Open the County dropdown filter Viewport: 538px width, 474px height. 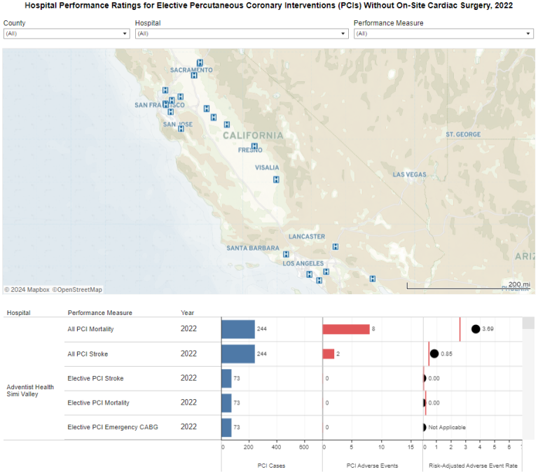(x=66, y=34)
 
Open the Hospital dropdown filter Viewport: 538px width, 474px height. (x=242, y=34)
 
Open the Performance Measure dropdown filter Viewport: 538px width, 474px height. (x=443, y=34)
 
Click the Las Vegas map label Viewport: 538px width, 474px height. (x=409, y=174)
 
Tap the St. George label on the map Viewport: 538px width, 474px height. (x=463, y=134)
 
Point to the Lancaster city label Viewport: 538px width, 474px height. (x=306, y=237)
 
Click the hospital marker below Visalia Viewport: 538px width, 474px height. (x=276, y=180)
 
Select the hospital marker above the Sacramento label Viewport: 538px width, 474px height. (x=200, y=62)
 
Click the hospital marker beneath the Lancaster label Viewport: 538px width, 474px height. (x=336, y=246)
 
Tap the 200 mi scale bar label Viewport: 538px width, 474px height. (x=518, y=284)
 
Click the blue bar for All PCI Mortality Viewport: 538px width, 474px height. (x=238, y=329)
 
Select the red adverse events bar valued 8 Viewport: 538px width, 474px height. (x=346, y=329)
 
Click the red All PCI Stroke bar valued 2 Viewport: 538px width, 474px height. (x=329, y=354)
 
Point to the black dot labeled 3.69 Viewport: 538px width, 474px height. (x=476, y=329)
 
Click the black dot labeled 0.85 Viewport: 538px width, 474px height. (x=434, y=354)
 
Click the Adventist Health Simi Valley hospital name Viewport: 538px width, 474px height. (x=30, y=390)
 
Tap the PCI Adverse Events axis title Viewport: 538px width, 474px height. (x=372, y=466)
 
